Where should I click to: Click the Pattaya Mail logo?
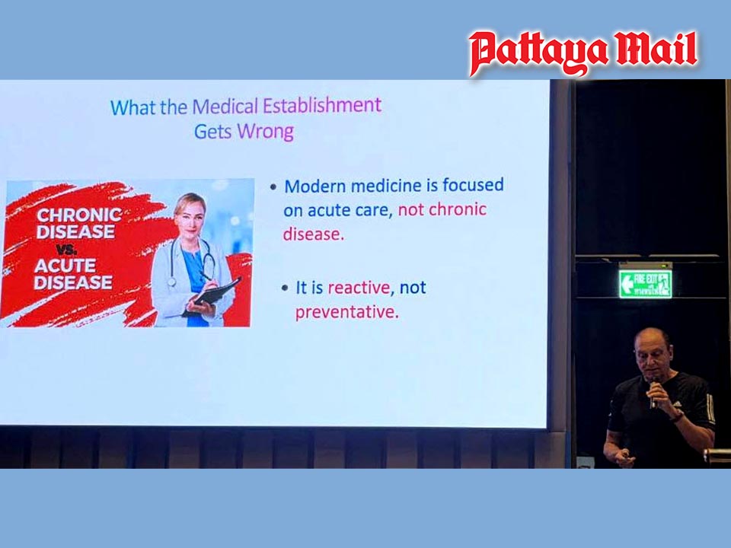tap(583, 53)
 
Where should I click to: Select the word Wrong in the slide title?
tap(265, 131)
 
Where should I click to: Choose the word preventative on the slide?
tap(346, 311)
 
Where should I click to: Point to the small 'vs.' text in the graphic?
tap(69, 248)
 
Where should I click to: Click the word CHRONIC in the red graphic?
tap(78, 215)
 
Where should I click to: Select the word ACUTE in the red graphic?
tap(65, 266)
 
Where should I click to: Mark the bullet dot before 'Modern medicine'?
tap(273, 187)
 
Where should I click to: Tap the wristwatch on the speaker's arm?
tap(676, 416)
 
